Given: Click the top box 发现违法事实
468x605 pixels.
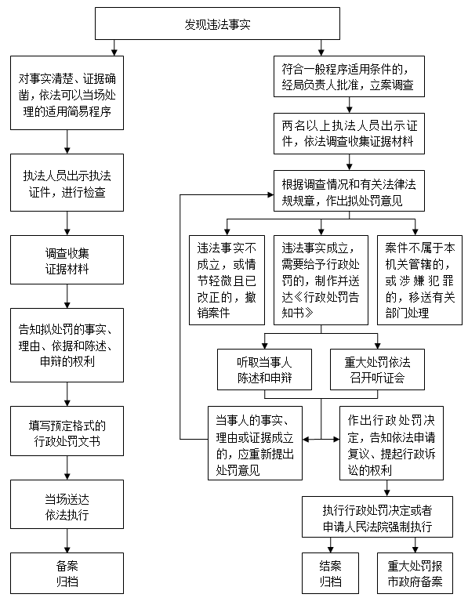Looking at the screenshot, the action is [x=217, y=24].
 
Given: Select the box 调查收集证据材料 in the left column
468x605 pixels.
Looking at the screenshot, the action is [x=67, y=259].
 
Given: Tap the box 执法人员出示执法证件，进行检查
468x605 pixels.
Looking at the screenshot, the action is [x=67, y=183].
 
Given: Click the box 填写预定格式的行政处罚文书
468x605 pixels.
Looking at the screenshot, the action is [x=67, y=431].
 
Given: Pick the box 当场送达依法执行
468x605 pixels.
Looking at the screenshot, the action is [x=67, y=504].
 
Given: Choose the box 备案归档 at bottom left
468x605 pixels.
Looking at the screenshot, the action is [x=67, y=573].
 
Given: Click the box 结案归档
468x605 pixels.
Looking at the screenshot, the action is [x=330, y=573].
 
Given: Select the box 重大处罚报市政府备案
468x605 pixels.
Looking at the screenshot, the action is [x=415, y=573].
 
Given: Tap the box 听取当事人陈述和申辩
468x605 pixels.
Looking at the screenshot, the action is [x=264, y=369].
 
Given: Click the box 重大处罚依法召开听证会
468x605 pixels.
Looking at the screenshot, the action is [x=377, y=369].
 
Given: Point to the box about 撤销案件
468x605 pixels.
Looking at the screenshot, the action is [x=227, y=280].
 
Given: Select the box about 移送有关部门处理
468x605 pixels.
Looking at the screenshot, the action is [x=419, y=280].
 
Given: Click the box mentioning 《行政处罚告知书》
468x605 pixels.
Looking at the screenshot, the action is [x=321, y=280].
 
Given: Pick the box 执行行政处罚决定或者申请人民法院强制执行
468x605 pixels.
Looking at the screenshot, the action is [x=377, y=516].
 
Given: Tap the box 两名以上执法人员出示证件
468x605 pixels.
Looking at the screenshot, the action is [x=349, y=133].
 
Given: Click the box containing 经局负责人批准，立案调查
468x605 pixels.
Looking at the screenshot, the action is [x=349, y=76].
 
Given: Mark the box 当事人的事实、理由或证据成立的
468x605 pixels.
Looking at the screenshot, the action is [x=255, y=443].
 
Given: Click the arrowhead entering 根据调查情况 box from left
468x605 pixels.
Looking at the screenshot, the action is [x=271, y=194].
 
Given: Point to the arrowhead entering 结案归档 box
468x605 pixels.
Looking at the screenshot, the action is [x=330, y=550].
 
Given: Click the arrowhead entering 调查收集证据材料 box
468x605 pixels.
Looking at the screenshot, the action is [x=67, y=232].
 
